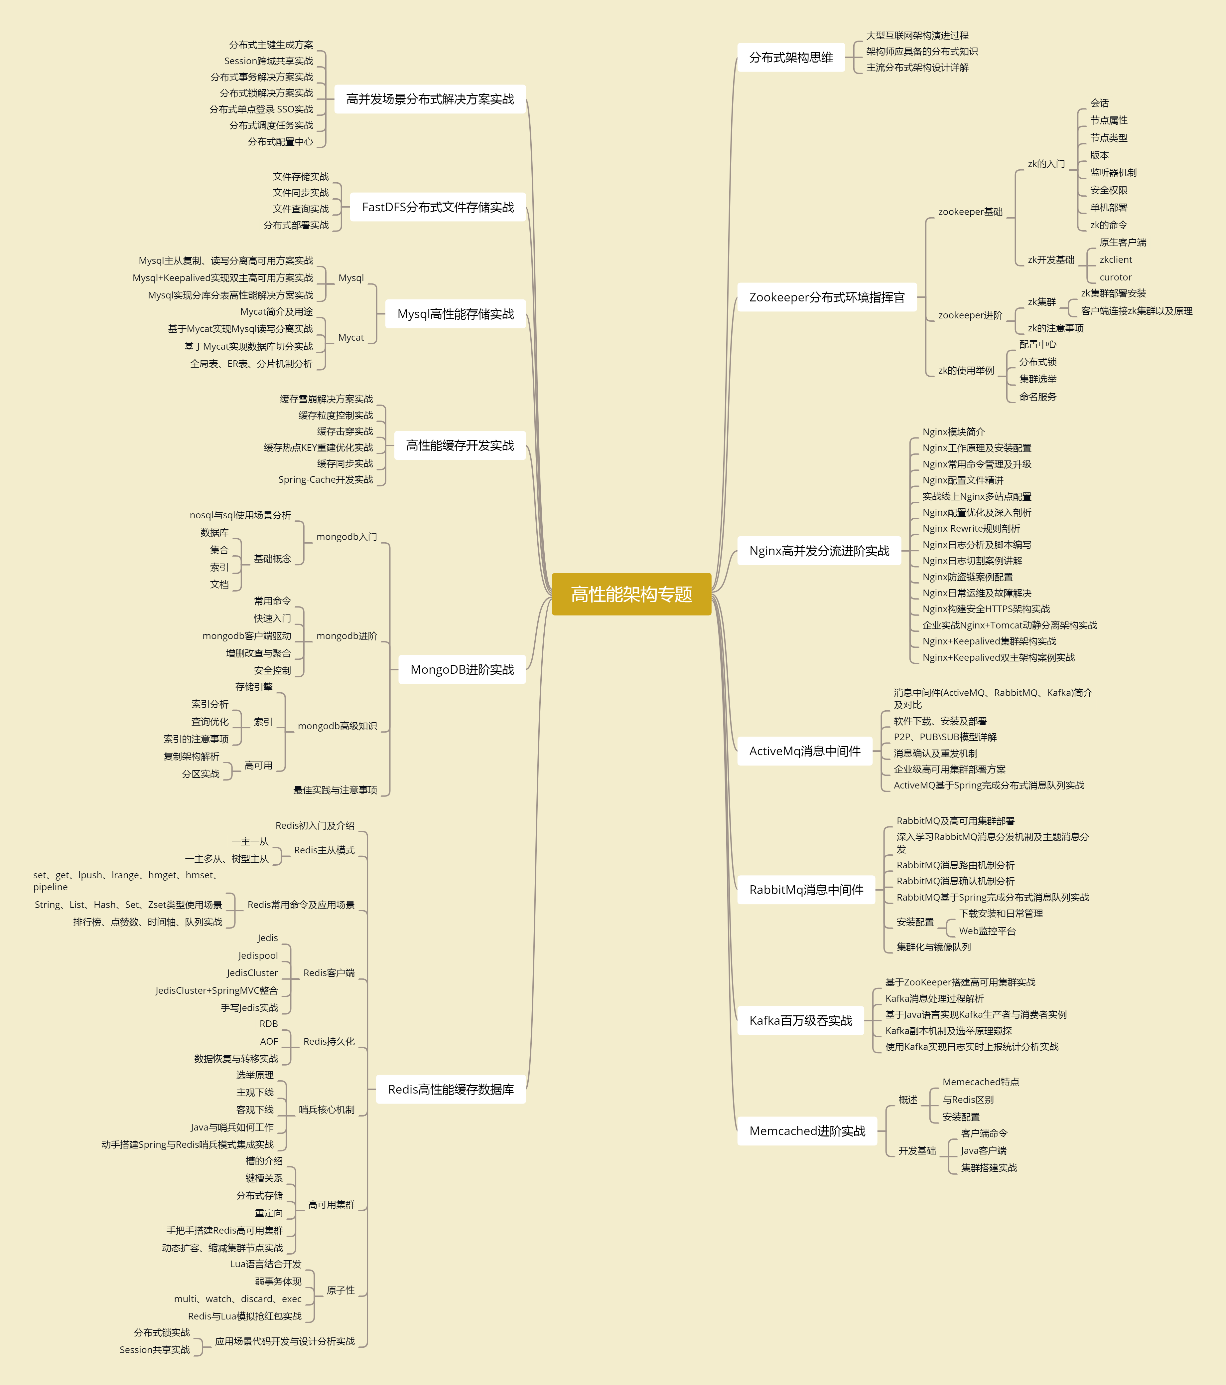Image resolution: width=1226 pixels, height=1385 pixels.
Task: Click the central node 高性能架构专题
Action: tap(631, 594)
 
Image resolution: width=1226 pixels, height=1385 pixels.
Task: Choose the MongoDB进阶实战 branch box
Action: tap(462, 669)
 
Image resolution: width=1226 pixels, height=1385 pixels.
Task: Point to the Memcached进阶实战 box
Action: tap(807, 1131)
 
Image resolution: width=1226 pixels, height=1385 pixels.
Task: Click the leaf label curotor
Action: tap(1116, 277)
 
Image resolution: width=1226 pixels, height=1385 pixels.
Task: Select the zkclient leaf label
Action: tap(1116, 260)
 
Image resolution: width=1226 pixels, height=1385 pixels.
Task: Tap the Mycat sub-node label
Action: tap(351, 337)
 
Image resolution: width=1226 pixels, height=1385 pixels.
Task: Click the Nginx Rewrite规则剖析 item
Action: tap(971, 529)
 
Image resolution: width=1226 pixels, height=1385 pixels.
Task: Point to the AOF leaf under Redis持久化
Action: tap(269, 1041)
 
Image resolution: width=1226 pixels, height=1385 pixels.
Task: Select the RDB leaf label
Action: tap(269, 1024)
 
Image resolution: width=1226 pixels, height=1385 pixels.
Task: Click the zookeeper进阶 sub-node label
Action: tap(970, 315)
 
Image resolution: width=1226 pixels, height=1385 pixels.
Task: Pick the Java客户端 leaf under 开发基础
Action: tap(984, 1150)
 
